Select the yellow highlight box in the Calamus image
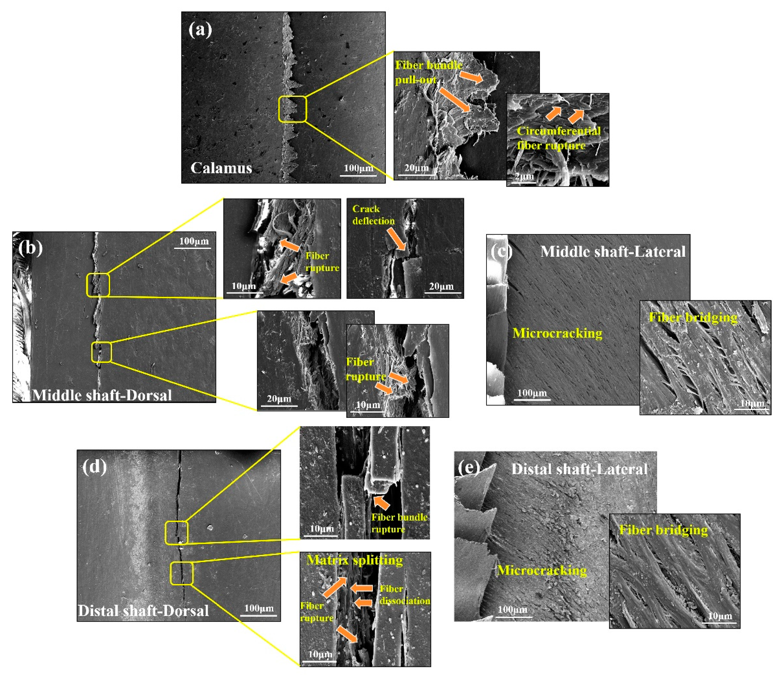coord(292,109)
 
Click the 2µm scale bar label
coord(524,176)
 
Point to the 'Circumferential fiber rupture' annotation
coord(558,138)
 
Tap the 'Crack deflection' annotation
coord(373,215)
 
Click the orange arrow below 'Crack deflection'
coord(396,239)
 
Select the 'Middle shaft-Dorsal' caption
coord(102,395)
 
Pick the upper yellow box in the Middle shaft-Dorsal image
coord(98,285)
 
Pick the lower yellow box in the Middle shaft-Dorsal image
coord(101,352)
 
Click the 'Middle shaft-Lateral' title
coord(613,252)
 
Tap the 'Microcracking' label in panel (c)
coord(557,333)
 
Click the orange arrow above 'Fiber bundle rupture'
coord(381,502)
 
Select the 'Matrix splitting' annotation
coord(354,560)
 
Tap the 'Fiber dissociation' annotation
coord(405,594)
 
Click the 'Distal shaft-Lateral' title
coord(579,469)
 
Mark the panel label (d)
coord(94,467)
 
